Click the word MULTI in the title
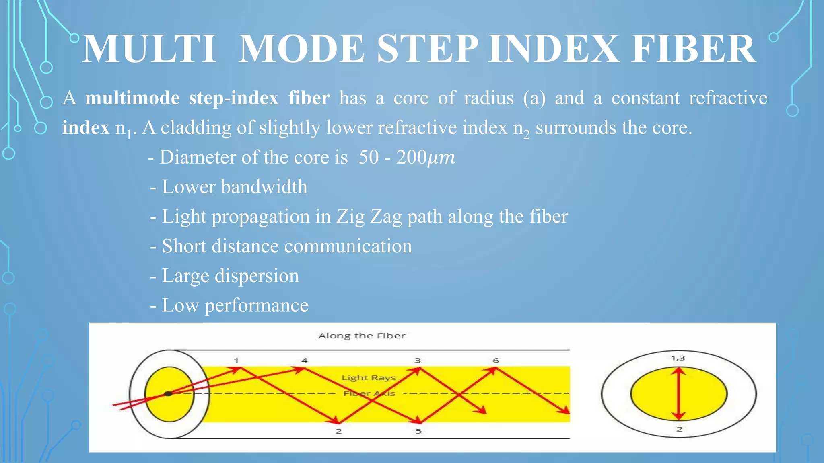point(149,49)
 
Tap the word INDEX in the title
point(554,49)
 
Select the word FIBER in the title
point(693,49)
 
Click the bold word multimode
point(132,98)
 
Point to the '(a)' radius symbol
point(534,98)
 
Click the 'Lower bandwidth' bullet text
point(234,187)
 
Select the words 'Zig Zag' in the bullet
point(369,217)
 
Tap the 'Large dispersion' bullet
point(230,276)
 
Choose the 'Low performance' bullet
point(235,305)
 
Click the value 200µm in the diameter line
point(425,157)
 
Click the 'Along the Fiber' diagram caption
point(362,336)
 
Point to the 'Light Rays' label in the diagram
point(369,378)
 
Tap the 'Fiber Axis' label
point(369,393)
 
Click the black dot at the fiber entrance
point(168,394)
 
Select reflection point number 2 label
point(339,431)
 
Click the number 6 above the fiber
point(496,361)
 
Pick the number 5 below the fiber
point(418,431)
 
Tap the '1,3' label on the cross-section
point(678,358)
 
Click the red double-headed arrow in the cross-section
point(679,394)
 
